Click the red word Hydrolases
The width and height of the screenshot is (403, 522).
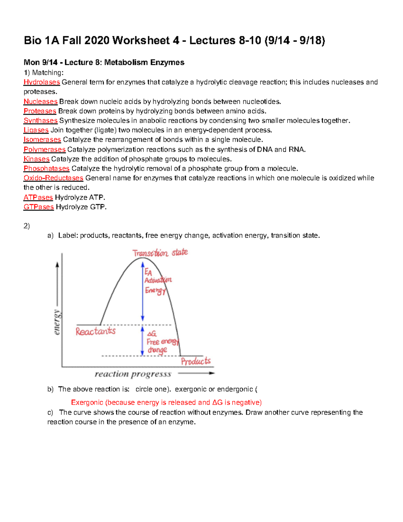coord(42,82)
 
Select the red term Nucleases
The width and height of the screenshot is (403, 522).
coord(40,102)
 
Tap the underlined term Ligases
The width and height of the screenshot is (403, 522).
coord(36,130)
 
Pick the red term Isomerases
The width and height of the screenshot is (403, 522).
coord(42,139)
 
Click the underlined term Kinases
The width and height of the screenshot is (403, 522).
coord(36,159)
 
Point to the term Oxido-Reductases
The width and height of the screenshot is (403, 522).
coord(53,178)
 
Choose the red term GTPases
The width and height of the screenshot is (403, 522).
coord(38,207)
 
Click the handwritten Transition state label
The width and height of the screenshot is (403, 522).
coord(160,253)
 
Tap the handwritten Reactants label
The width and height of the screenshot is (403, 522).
coord(95,331)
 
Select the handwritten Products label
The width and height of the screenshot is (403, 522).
coord(196,361)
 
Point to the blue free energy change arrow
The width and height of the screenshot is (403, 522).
coord(142,340)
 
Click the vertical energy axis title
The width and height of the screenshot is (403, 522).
coord(57,322)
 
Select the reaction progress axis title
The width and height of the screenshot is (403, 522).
coord(133,374)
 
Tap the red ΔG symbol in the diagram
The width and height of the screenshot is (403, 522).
coord(152,333)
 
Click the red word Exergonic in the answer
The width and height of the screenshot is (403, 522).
coord(87,402)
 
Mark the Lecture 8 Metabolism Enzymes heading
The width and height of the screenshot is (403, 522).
coord(104,63)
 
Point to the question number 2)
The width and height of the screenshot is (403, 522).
coord(27,226)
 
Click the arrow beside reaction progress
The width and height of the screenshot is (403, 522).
coord(196,373)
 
